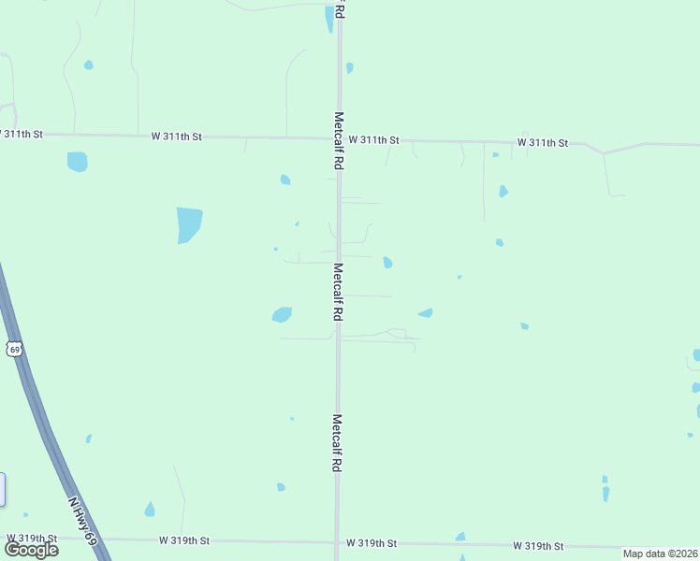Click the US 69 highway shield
point(13,349)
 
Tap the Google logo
point(31,550)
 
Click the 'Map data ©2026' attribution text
point(661,554)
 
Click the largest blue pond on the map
point(189,224)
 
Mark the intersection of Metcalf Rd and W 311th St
point(339,138)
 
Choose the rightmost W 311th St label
point(543,143)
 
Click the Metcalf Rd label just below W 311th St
point(339,140)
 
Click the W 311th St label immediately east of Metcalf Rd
point(374,140)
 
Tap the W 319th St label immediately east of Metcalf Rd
point(372,543)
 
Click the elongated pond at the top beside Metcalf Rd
point(329,18)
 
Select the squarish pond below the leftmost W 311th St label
point(77,162)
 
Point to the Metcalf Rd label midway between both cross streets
point(337,292)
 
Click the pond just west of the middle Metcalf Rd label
point(282,315)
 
